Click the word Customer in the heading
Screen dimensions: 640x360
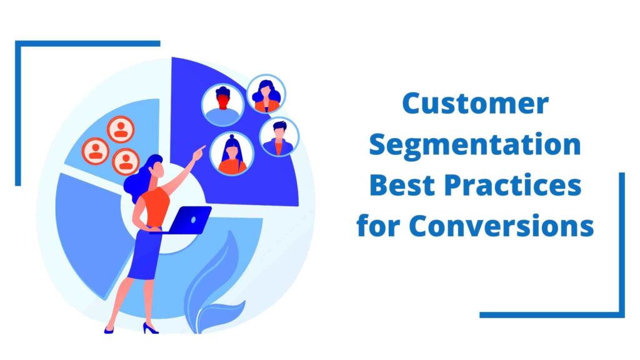point(475,103)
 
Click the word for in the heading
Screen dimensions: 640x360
point(379,225)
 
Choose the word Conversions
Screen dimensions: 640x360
point(502,226)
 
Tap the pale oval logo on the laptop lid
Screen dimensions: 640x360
point(194,220)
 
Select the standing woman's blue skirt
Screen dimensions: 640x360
point(145,254)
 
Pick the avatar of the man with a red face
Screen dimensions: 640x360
point(222,104)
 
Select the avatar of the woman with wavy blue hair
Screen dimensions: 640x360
point(266,94)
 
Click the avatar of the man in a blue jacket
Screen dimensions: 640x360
point(279,137)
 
